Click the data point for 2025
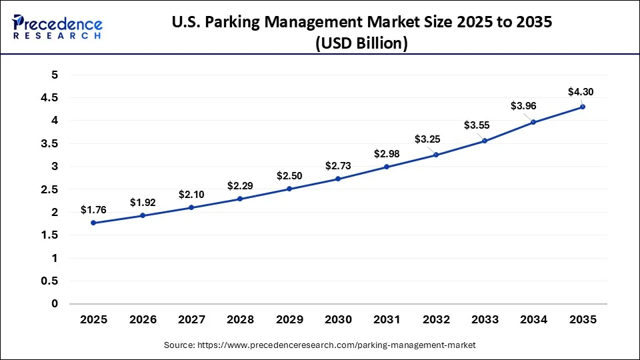(x=93, y=223)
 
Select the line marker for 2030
(x=338, y=179)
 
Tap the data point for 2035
(x=582, y=107)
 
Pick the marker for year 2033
(x=485, y=141)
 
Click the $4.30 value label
(x=579, y=91)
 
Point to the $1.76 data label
(x=93, y=209)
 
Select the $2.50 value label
(x=289, y=175)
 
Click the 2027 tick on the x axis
(x=191, y=320)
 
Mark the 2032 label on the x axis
(x=435, y=320)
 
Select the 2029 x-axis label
(x=289, y=320)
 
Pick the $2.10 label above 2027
(x=191, y=194)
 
